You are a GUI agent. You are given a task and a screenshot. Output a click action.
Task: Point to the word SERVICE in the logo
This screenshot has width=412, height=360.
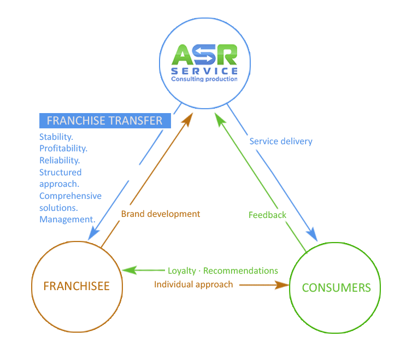point(204,72)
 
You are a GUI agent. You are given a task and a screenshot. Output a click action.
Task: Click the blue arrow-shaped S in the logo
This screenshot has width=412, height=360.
point(204,55)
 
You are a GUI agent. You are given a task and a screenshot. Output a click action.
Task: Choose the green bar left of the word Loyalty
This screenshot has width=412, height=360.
point(142,270)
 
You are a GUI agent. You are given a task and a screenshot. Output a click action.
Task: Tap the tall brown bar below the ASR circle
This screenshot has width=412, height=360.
point(184,153)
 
